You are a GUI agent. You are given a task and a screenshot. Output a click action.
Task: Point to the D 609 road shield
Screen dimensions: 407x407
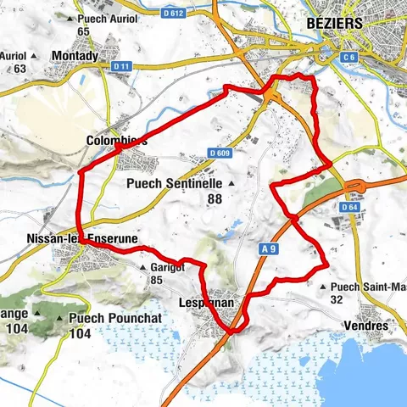coord(220,153)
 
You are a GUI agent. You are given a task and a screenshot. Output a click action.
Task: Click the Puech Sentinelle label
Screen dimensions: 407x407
coord(173,182)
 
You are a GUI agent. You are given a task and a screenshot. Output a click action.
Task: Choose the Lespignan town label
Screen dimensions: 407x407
coord(207,301)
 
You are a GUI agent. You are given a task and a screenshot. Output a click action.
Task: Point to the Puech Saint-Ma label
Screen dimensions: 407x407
coord(369,286)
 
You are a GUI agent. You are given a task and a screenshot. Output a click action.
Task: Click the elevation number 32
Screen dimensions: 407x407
coord(337,299)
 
